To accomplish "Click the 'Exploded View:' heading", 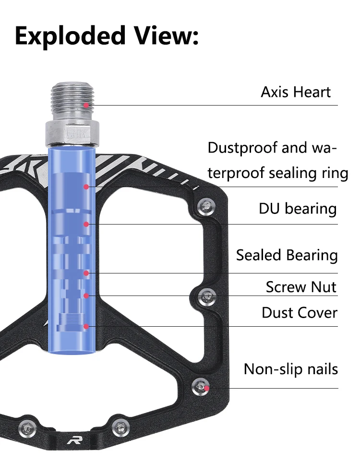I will pyautogui.click(x=107, y=36).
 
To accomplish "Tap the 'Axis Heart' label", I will pyautogui.click(x=296, y=92).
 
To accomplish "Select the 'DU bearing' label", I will pyautogui.click(x=298, y=209).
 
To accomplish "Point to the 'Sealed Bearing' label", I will pyautogui.click(x=287, y=255).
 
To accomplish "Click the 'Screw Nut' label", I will pyautogui.click(x=301, y=287).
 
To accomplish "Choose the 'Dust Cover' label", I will pyautogui.click(x=300, y=313).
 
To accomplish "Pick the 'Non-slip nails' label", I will pyautogui.click(x=290, y=369).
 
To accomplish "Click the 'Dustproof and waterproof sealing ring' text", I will pyautogui.click(x=277, y=160).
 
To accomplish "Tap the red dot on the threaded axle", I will pyautogui.click(x=86, y=105).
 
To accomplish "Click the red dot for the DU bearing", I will pyautogui.click(x=86, y=224).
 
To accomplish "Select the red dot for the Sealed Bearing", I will pyautogui.click(x=86, y=273).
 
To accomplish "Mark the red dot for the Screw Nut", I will pyautogui.click(x=86, y=296).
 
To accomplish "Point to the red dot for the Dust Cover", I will pyautogui.click(x=86, y=326).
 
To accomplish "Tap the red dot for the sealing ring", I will pyautogui.click(x=86, y=186).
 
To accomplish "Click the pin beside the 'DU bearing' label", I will pyautogui.click(x=206, y=206).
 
